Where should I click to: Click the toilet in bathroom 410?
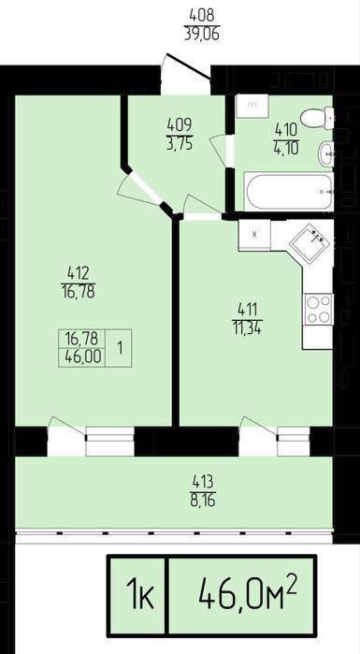pyautogui.click(x=317, y=117)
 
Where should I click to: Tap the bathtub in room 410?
pyautogui.click(x=288, y=193)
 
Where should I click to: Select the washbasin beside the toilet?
pyautogui.click(x=326, y=153)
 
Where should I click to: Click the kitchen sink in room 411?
pyautogui.click(x=310, y=243)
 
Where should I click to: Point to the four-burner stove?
pyautogui.click(x=318, y=310)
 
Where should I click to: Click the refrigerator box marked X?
pyautogui.click(x=254, y=235)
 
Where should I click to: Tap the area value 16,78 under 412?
pyautogui.click(x=78, y=291)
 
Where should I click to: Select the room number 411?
pyautogui.click(x=248, y=311)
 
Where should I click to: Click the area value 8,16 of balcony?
pyautogui.click(x=203, y=500)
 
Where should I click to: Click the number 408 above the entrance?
pyautogui.click(x=202, y=15)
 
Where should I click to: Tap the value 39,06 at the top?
pyautogui.click(x=202, y=34)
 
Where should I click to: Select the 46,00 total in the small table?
pyautogui.click(x=81, y=357)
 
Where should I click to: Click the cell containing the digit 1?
pyautogui.click(x=119, y=348)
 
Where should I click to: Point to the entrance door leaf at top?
pyautogui.click(x=188, y=65)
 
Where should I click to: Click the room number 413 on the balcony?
pyautogui.click(x=203, y=482)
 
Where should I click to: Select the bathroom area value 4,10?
pyautogui.click(x=287, y=149)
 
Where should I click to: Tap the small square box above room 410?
pyautogui.click(x=252, y=106)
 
